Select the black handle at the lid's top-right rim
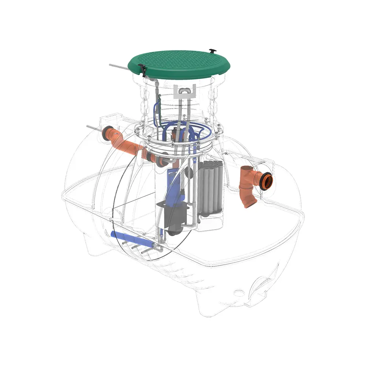tap(213, 50)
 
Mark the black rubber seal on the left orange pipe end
tap(107, 133)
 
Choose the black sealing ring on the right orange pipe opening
tap(268, 180)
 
